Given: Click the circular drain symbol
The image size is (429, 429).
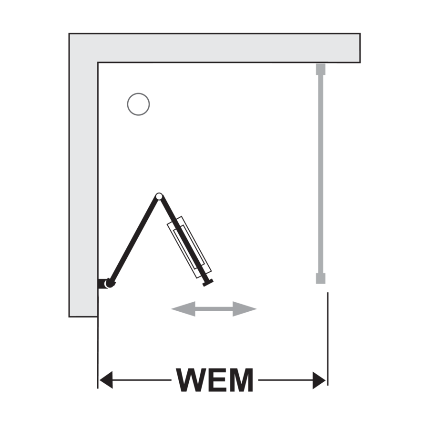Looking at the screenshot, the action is (138, 93).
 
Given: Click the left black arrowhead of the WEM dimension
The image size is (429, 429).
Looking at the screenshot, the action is (106, 380).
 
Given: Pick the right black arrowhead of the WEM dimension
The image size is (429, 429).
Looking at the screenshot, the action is (319, 380).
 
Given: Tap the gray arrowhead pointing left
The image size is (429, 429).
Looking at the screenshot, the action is (184, 309).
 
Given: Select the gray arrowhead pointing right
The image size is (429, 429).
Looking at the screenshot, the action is (245, 309).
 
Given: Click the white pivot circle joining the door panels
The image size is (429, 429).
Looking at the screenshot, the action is (159, 196).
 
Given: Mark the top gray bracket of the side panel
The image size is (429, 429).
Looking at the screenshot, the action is (321, 69).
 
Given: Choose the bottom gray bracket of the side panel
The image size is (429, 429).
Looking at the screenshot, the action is (321, 278).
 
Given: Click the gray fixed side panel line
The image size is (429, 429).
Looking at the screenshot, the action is (321, 174).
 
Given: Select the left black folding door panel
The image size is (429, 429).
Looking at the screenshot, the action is (133, 240).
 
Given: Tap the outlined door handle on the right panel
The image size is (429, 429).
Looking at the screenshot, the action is (189, 247).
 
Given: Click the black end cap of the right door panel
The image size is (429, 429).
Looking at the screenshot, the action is (208, 283).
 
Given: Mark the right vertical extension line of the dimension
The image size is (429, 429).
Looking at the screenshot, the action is (328, 339).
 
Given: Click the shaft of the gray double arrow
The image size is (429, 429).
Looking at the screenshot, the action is (214, 309).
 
